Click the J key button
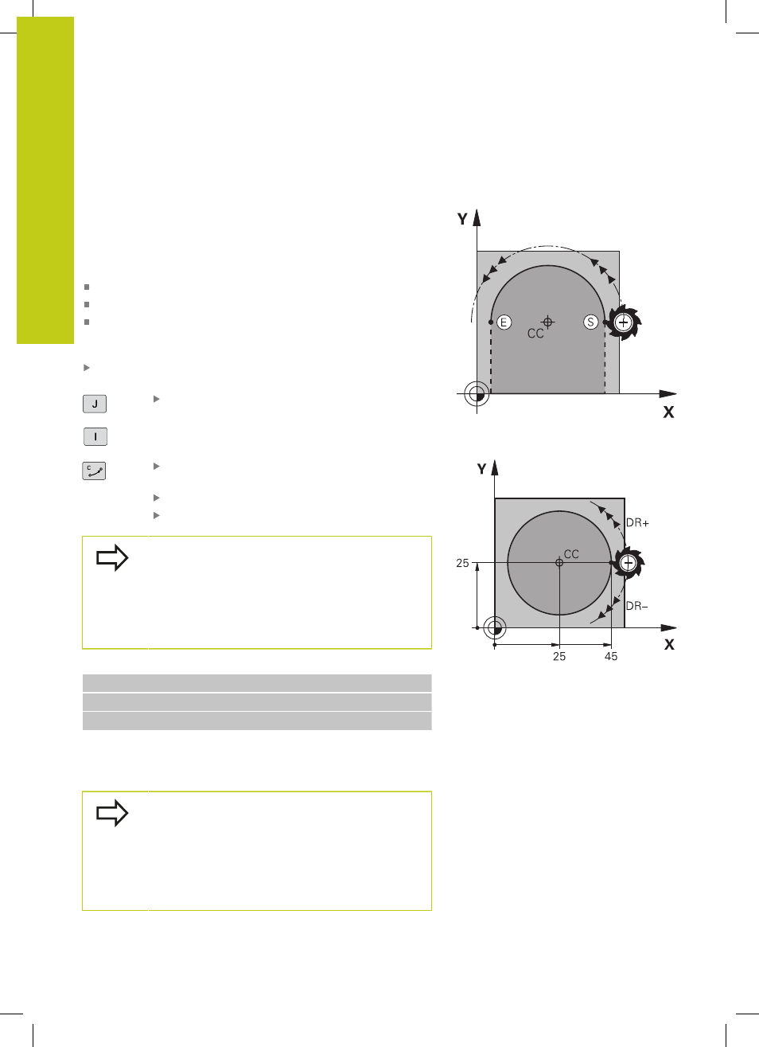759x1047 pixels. coord(95,404)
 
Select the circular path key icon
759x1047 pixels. coord(94,471)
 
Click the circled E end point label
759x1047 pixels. coord(504,322)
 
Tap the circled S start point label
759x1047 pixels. coord(591,322)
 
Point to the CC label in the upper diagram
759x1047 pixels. coord(535,334)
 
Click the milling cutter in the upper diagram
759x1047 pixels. coord(623,322)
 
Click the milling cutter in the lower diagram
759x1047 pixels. coord(629,563)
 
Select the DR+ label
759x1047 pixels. coord(637,523)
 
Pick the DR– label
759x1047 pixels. coord(637,606)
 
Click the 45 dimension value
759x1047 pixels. coord(611,657)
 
